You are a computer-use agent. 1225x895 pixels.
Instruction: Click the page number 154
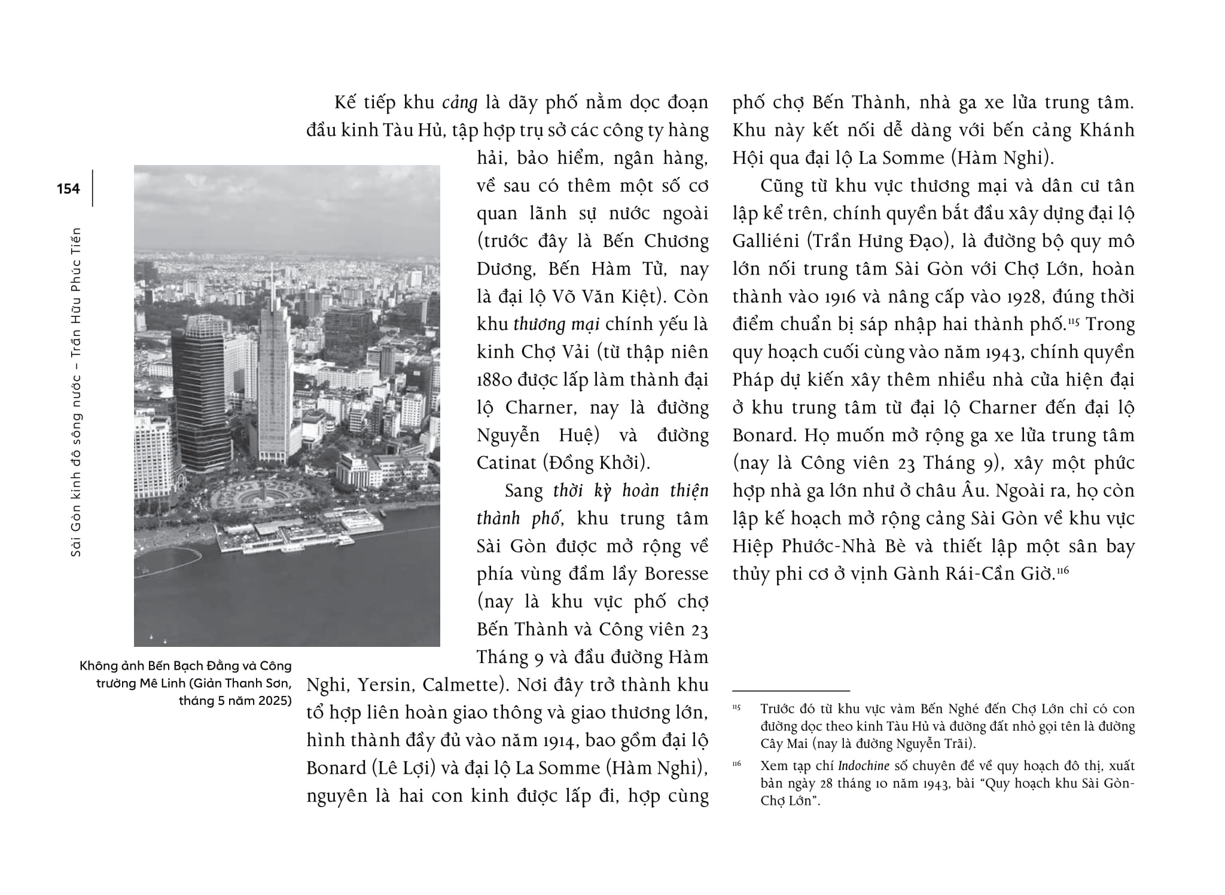68,189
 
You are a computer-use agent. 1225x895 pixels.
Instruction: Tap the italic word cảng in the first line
459,103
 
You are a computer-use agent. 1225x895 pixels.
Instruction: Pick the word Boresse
677,574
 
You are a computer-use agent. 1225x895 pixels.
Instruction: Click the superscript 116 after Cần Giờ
1062,570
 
